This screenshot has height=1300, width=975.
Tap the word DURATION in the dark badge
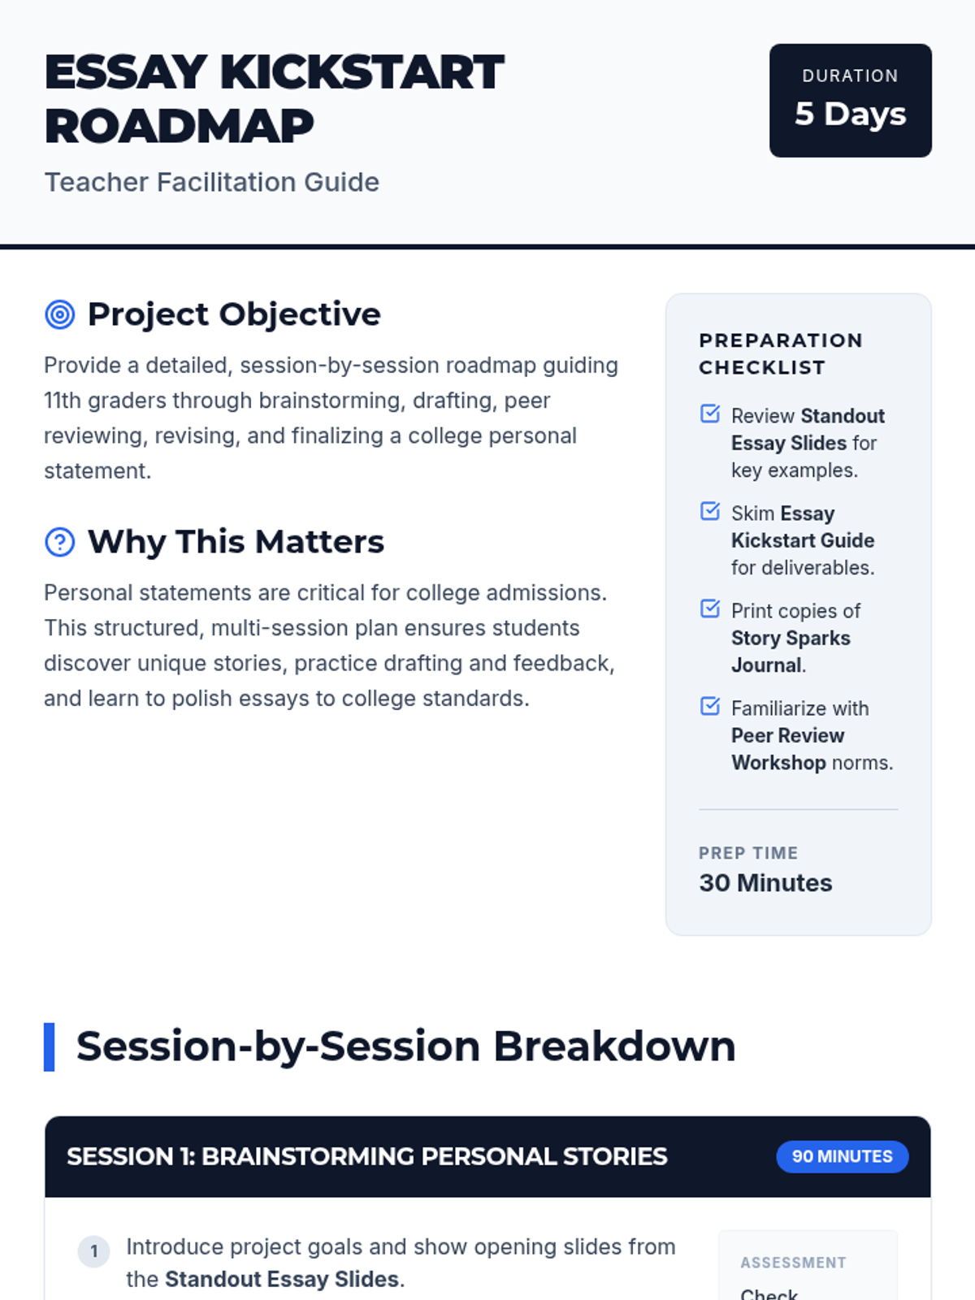coord(850,76)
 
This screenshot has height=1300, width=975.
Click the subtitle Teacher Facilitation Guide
coord(212,183)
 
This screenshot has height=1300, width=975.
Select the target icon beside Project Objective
coord(60,314)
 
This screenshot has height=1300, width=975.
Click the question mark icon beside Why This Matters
coord(60,541)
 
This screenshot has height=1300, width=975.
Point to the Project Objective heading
coord(234,314)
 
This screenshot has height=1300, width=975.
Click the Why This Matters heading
coord(236,541)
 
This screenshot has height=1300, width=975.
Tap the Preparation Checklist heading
coord(781,353)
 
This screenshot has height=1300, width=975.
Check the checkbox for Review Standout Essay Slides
coord(710,414)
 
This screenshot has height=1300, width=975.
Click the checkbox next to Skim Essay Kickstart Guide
coord(710,510)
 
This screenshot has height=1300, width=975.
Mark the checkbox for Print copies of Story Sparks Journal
coord(710,609)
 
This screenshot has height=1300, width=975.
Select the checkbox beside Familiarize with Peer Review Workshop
coord(710,706)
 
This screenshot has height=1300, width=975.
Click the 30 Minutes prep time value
coord(765,882)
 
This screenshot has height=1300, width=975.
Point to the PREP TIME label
coord(748,853)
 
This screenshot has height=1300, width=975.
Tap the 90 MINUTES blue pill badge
coord(843,1156)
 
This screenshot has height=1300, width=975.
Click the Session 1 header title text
coord(367,1156)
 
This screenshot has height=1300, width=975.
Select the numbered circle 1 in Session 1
coord(93,1251)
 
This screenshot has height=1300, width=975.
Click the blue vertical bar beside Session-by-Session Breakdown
coord(49,1046)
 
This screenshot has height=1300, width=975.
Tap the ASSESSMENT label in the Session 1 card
coord(793,1263)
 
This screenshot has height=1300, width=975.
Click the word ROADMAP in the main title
coord(179,126)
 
